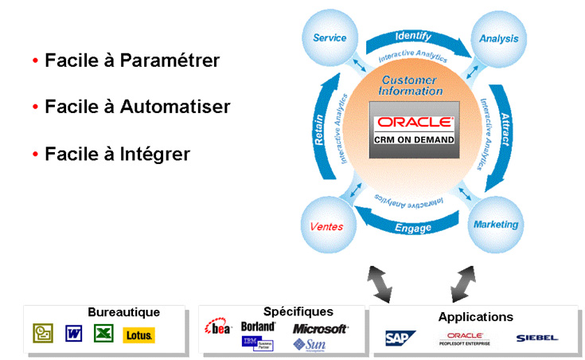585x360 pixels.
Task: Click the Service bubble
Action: coord(330,38)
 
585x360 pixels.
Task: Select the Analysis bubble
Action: coord(499,38)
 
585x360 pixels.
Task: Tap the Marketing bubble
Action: coord(496,224)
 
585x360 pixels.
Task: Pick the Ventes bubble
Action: coord(327,226)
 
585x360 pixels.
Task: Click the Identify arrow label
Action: coord(413,36)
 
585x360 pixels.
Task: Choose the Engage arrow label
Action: coord(413,228)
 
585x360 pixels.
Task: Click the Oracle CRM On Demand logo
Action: coord(414,130)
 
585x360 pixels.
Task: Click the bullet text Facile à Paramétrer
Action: coord(132,61)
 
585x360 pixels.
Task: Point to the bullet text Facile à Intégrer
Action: coord(117,154)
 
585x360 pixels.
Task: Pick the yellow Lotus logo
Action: coord(139,335)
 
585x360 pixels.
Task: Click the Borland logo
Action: coord(257,327)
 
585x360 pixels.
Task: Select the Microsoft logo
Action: coord(320,328)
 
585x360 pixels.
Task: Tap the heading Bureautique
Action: coord(123,312)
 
